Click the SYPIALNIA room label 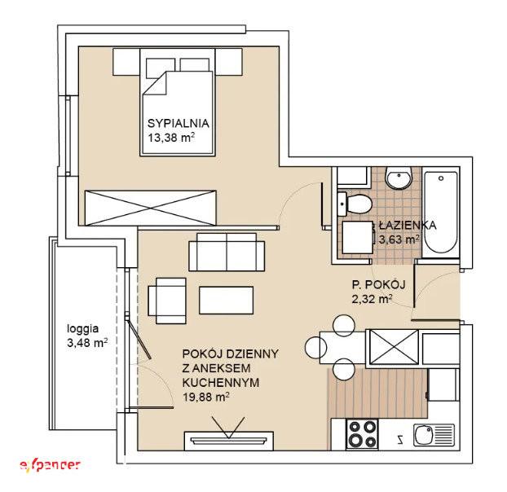pos(179,123)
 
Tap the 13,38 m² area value pos(171,138)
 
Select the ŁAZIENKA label pos(408,225)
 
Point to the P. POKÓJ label pos(379,284)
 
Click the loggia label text pos(83,329)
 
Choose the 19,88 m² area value pos(206,397)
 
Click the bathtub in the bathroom pos(441,213)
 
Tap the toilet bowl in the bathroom pos(355,204)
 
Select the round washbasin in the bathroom pos(399,178)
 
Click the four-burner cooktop pos(362,434)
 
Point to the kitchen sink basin pos(424,435)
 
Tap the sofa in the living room pos(227,252)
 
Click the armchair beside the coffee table pos(167,301)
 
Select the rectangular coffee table pos(227,300)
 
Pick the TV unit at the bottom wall pos(229,441)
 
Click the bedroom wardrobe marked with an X pos(150,208)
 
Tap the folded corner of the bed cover pos(154,83)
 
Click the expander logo pos(50,465)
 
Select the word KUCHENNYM pos(221,383)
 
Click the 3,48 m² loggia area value pos(87,342)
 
